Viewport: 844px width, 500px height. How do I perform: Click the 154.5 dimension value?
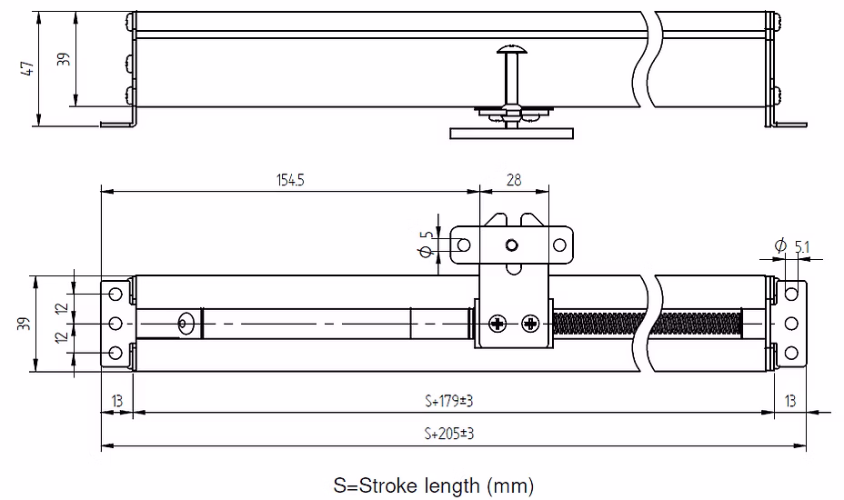click(291, 180)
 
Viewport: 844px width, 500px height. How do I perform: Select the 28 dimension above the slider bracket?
click(514, 180)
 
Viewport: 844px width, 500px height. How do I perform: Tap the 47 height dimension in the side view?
click(27, 68)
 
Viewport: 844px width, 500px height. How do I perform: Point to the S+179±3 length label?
click(449, 401)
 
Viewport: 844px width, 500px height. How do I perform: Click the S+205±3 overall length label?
click(449, 434)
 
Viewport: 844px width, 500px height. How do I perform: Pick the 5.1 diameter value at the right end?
click(802, 247)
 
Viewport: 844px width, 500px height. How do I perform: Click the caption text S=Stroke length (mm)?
click(434, 485)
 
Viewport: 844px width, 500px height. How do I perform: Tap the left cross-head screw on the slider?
click(497, 324)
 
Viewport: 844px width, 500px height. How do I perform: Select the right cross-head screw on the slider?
click(531, 324)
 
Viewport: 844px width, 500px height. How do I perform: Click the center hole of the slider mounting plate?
click(512, 245)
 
